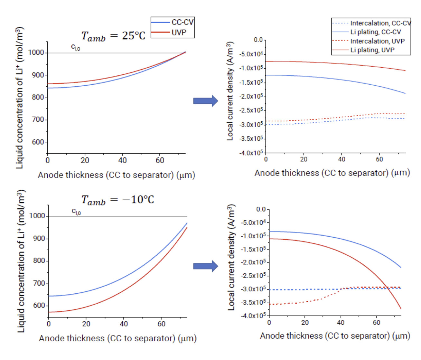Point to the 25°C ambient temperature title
coord(113,36)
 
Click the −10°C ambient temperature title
coord(117,200)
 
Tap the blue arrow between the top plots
coord(205,101)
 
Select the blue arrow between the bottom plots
coord(205,266)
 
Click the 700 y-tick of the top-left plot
coord(38,119)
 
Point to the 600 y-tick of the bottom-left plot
coord(39,306)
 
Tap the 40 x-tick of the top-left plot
coord(122,160)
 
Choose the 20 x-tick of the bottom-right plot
coord(305,322)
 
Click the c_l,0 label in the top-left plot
coord(76,47)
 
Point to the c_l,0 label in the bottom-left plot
coord(76,212)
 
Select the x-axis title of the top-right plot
coord(332,173)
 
